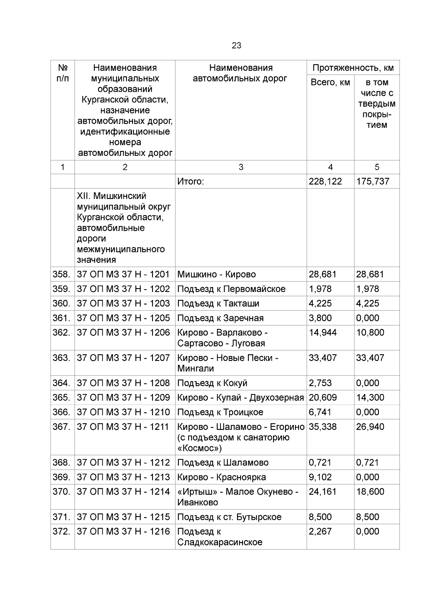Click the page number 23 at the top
[x=236, y=46]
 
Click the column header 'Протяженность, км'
[x=353, y=68]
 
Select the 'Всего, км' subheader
[x=330, y=83]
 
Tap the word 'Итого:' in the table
[x=191, y=182]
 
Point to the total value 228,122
[x=325, y=182]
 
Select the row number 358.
[x=62, y=274]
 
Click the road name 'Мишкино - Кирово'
[x=216, y=274]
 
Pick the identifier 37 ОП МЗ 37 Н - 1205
[x=123, y=318]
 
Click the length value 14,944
[x=322, y=332]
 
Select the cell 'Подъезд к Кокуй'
[x=212, y=383]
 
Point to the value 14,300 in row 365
[x=370, y=398]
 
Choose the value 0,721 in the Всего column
[x=320, y=463]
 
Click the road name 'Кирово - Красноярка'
[x=222, y=477]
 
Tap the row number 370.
[x=62, y=492]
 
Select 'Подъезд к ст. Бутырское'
[x=229, y=517]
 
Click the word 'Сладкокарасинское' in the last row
[x=220, y=542]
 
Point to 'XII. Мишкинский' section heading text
[x=111, y=196]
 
